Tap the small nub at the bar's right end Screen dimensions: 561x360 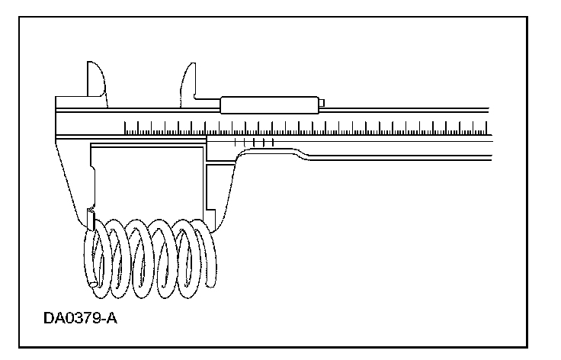pos(322,104)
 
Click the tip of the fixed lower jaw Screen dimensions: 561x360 pos(90,222)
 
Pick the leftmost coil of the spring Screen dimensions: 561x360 pos(95,256)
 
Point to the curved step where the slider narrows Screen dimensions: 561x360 pos(301,156)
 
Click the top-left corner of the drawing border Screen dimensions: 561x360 pos(20,19)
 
